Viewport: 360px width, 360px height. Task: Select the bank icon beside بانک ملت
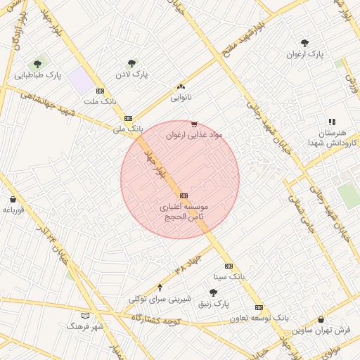(100, 91)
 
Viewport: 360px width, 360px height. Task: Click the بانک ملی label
(128, 129)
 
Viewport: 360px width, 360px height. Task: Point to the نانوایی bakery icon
(181, 87)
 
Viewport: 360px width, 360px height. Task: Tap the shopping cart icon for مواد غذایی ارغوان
(194, 124)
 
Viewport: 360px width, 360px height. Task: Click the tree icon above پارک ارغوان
(304, 44)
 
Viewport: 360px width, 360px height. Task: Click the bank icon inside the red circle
(184, 195)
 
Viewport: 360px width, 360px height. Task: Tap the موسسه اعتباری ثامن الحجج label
(183, 212)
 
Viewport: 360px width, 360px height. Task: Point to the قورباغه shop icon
(13, 199)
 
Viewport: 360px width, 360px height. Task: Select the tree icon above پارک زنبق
(214, 292)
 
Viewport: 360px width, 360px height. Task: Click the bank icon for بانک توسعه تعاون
(259, 307)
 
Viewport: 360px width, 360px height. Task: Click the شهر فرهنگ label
(86, 326)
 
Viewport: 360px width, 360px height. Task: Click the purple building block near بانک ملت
(81, 82)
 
